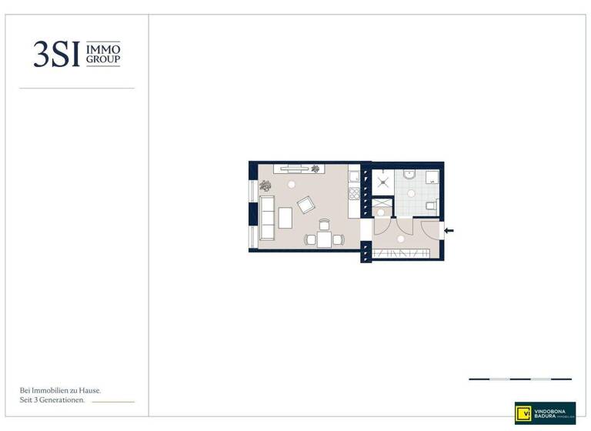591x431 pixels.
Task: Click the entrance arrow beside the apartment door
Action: click(x=449, y=230)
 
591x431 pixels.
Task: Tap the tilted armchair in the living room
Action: click(x=306, y=205)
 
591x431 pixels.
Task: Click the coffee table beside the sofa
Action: click(x=285, y=219)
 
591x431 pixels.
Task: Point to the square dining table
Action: click(x=324, y=239)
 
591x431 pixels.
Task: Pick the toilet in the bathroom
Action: click(x=432, y=205)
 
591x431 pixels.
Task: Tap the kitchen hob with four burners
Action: click(x=355, y=176)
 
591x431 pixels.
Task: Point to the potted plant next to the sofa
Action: click(x=265, y=185)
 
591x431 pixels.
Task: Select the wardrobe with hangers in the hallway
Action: click(x=400, y=254)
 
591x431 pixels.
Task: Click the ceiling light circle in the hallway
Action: click(x=401, y=239)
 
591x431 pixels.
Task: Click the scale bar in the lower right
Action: click(x=520, y=379)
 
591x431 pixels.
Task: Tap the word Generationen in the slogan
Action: click(x=63, y=401)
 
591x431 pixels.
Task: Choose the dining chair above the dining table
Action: click(x=324, y=225)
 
